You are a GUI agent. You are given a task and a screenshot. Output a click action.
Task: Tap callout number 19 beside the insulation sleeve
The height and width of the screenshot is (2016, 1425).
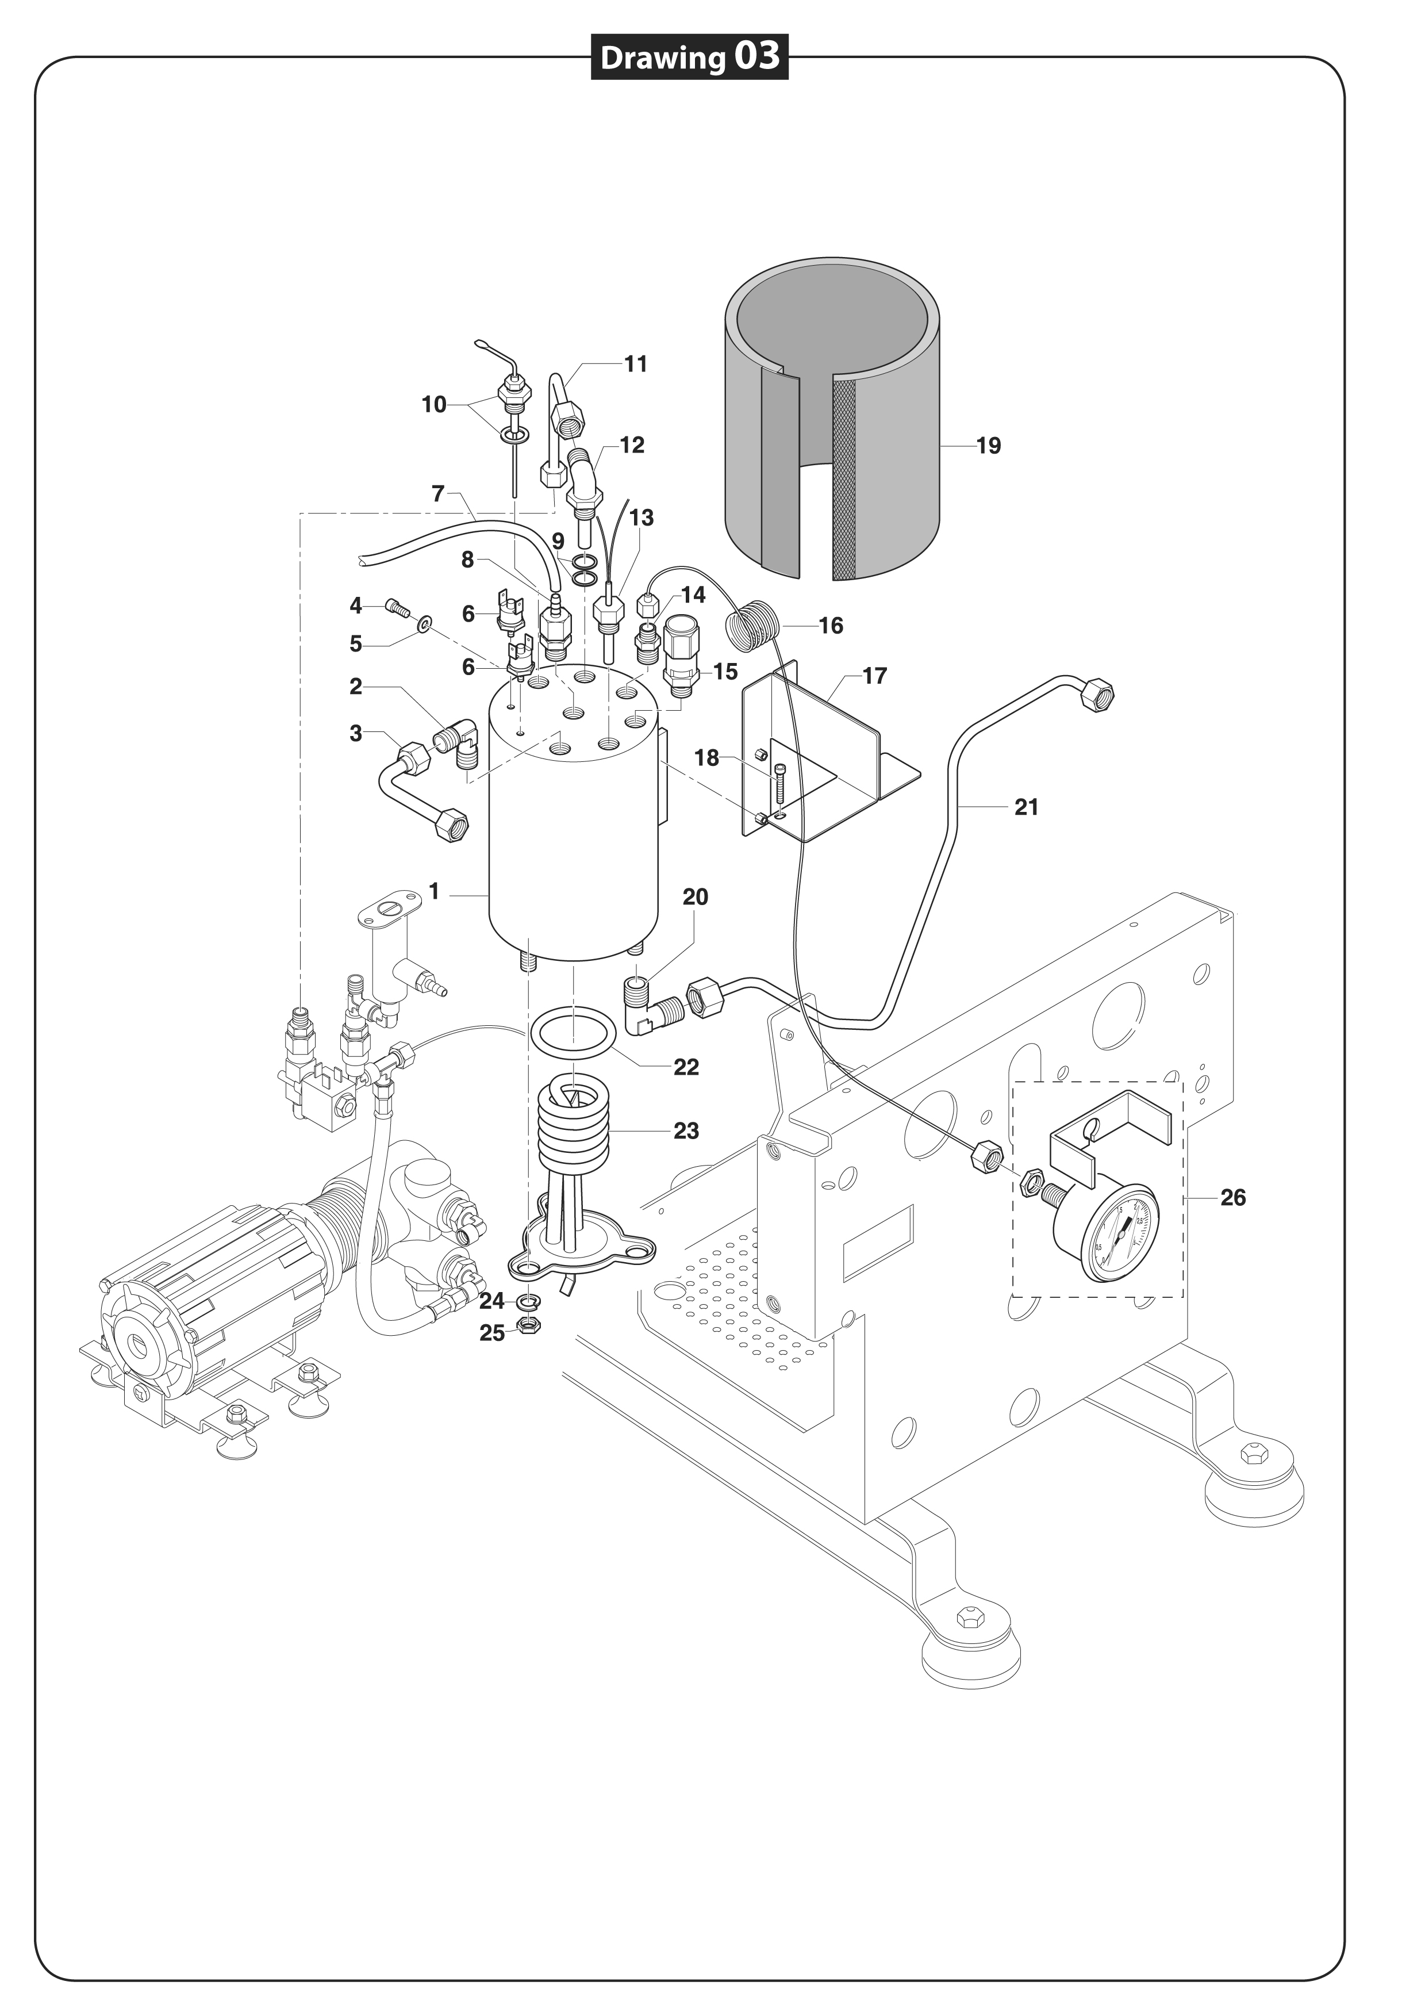click(989, 446)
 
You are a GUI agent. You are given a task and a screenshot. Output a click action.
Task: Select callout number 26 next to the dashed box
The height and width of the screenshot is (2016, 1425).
click(1232, 1198)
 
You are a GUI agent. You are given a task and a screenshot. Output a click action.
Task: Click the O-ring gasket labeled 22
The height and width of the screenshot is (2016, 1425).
click(573, 1034)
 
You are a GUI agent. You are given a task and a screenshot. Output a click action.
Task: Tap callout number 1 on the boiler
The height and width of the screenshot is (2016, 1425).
click(434, 892)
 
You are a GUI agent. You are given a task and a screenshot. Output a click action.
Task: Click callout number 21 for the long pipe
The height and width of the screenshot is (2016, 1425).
click(1027, 807)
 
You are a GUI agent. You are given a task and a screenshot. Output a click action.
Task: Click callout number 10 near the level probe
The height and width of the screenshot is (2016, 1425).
click(434, 405)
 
